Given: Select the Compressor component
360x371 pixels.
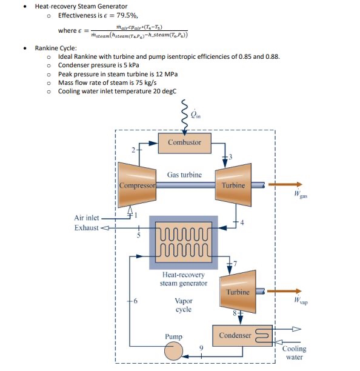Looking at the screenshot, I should (138, 184).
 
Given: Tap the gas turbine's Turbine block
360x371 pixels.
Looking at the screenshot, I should (233, 184).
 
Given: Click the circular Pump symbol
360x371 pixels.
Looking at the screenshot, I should (174, 350).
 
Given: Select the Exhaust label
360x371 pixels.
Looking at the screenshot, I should (86, 228).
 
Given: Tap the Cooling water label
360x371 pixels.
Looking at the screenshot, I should (294, 353).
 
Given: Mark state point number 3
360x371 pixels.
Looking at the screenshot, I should (229, 158).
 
